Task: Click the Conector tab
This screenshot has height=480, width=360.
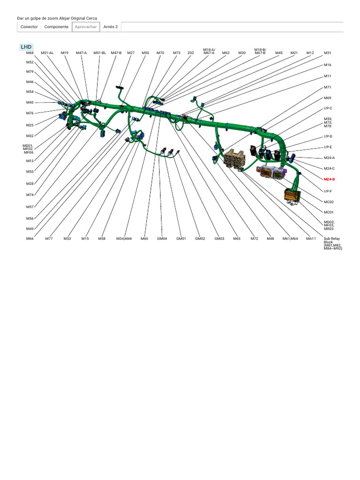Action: coord(29,27)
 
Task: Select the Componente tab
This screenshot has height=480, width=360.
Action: coord(56,27)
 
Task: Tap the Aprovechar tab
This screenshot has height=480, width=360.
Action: coord(86,27)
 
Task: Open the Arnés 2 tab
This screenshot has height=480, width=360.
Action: coord(111,27)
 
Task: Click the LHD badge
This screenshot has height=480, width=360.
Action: coord(26,47)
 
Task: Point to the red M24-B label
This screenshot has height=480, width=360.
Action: coord(329,180)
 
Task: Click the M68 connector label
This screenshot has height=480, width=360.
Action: coord(30,53)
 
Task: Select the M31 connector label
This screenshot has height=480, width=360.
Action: coord(327,53)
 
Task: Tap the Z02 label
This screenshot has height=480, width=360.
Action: coord(190,53)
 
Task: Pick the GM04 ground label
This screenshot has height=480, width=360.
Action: coord(162,239)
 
